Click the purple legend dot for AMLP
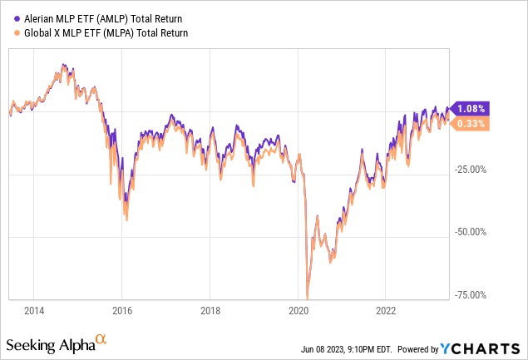[7, 17]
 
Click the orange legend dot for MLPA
[7, 32]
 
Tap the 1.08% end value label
[471, 108]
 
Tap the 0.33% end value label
[471, 124]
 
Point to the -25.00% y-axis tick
[471, 170]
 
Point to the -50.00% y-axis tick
[471, 232]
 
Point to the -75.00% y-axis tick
[471, 293]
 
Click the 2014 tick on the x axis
[34, 311]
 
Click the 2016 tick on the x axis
[121, 311]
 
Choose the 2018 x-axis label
[210, 311]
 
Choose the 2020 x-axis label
[298, 311]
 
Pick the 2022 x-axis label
[385, 311]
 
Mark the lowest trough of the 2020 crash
[307, 298]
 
